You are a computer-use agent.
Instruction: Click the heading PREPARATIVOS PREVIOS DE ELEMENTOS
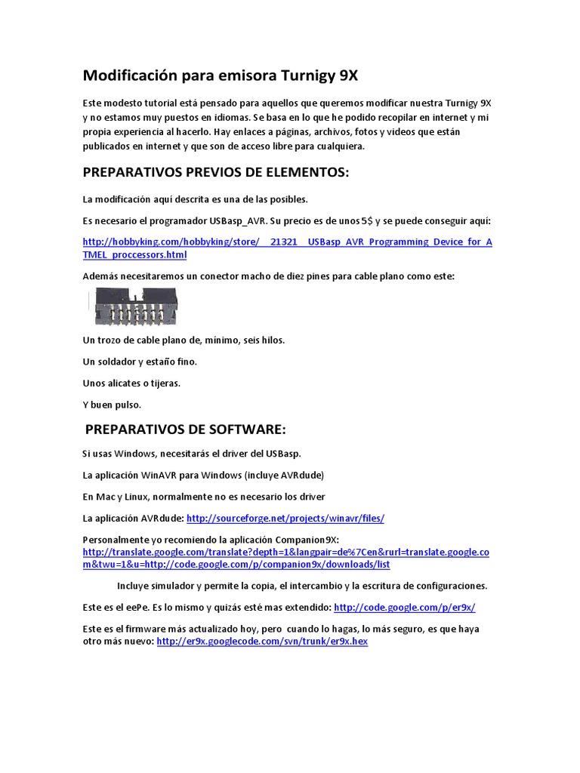click(x=216, y=173)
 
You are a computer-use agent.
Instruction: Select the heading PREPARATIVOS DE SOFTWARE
click(x=186, y=430)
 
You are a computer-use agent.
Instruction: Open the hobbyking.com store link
click(x=287, y=242)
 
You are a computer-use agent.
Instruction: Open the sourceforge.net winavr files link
click(x=285, y=518)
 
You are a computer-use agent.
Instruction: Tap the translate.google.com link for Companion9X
click(x=285, y=553)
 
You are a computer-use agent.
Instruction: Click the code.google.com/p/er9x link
click(x=404, y=607)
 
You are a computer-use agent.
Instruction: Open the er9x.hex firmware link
click(x=262, y=642)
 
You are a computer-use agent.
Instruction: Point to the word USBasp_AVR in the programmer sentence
click(x=239, y=221)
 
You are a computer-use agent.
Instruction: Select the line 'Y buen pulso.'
click(x=112, y=404)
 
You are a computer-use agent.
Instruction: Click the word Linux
click(x=140, y=497)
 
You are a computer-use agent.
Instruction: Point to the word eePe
click(x=137, y=607)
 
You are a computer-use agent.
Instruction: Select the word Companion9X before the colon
click(x=306, y=540)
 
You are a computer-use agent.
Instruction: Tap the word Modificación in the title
click(x=130, y=75)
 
